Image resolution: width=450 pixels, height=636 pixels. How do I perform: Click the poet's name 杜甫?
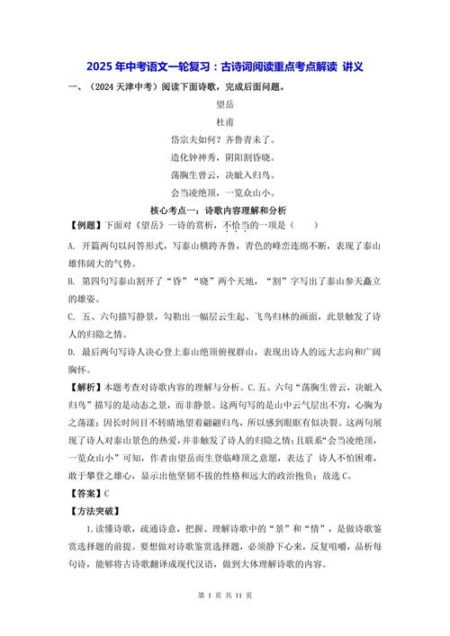(x=224, y=121)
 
